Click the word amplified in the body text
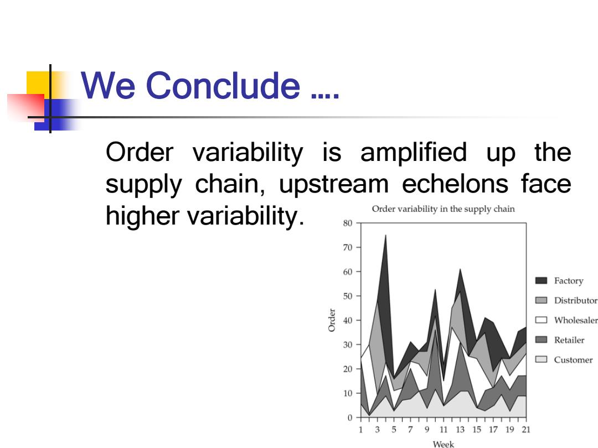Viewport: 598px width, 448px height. pos(414,153)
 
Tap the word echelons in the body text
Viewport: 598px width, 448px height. pos(455,184)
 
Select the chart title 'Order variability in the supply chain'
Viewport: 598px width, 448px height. pos(443,209)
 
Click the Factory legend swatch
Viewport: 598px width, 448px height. pos(541,280)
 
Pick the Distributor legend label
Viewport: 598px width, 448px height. pos(575,300)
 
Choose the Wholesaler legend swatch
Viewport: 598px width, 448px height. pos(541,320)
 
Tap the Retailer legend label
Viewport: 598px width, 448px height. pos(569,340)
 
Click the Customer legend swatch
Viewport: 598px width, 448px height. pos(541,360)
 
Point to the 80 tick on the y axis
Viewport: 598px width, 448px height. pos(347,223)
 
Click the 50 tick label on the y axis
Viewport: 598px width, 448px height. pos(347,296)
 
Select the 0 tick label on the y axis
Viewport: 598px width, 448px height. pos(350,418)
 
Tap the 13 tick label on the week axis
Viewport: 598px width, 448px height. pos(460,429)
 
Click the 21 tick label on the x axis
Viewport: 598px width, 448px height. pos(526,429)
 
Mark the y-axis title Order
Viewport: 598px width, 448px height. pos(332,320)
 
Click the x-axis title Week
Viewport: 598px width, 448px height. pos(443,444)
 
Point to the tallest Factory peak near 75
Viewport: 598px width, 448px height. pos(385,235)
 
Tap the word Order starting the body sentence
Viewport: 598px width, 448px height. pos(140,153)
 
